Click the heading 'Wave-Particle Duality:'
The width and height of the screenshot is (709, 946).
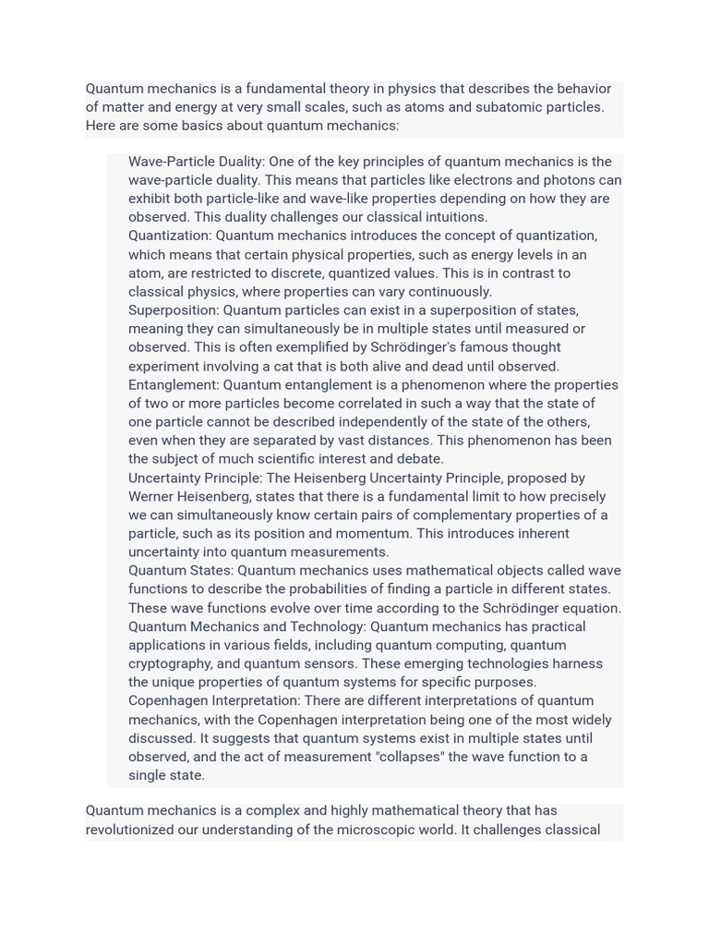(x=197, y=162)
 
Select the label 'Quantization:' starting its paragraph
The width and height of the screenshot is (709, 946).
(x=170, y=236)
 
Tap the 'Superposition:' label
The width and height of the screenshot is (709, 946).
(x=174, y=310)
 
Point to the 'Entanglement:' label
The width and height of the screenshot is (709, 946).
(x=174, y=384)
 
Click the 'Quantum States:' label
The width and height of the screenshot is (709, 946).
(x=181, y=571)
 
